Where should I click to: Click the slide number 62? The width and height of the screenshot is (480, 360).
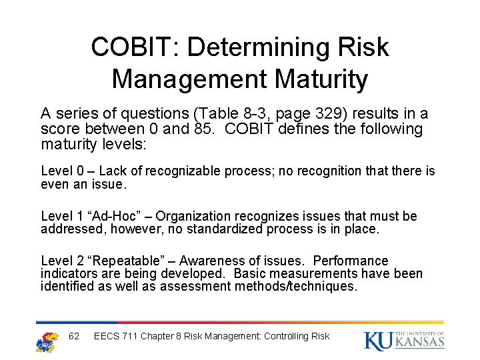74,336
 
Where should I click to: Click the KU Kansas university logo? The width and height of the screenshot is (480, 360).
404,339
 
